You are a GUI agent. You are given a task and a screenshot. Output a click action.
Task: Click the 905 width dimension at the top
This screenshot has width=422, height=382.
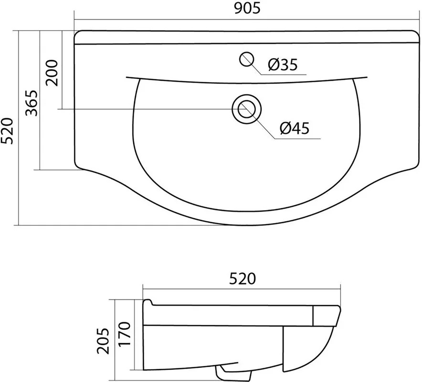click(x=247, y=9)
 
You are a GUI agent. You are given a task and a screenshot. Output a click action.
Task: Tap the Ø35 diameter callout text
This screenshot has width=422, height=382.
click(x=283, y=64)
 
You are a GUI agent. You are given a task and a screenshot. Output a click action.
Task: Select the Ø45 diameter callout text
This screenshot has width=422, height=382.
click(x=295, y=128)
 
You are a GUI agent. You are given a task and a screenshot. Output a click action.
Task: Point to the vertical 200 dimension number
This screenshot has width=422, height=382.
click(x=52, y=73)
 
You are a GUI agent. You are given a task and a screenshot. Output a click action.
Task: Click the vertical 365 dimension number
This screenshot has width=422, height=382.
click(x=31, y=103)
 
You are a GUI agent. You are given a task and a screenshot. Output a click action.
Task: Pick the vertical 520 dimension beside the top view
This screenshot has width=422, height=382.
click(x=7, y=130)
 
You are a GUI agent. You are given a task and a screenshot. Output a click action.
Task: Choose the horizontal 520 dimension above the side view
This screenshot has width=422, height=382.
click(x=242, y=279)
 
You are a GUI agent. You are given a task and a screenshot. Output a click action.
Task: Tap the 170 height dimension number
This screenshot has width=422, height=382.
click(x=124, y=334)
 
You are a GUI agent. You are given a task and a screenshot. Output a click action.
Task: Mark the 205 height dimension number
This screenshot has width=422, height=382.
click(x=103, y=340)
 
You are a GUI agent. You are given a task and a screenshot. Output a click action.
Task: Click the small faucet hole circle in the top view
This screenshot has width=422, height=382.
click(x=246, y=59)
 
